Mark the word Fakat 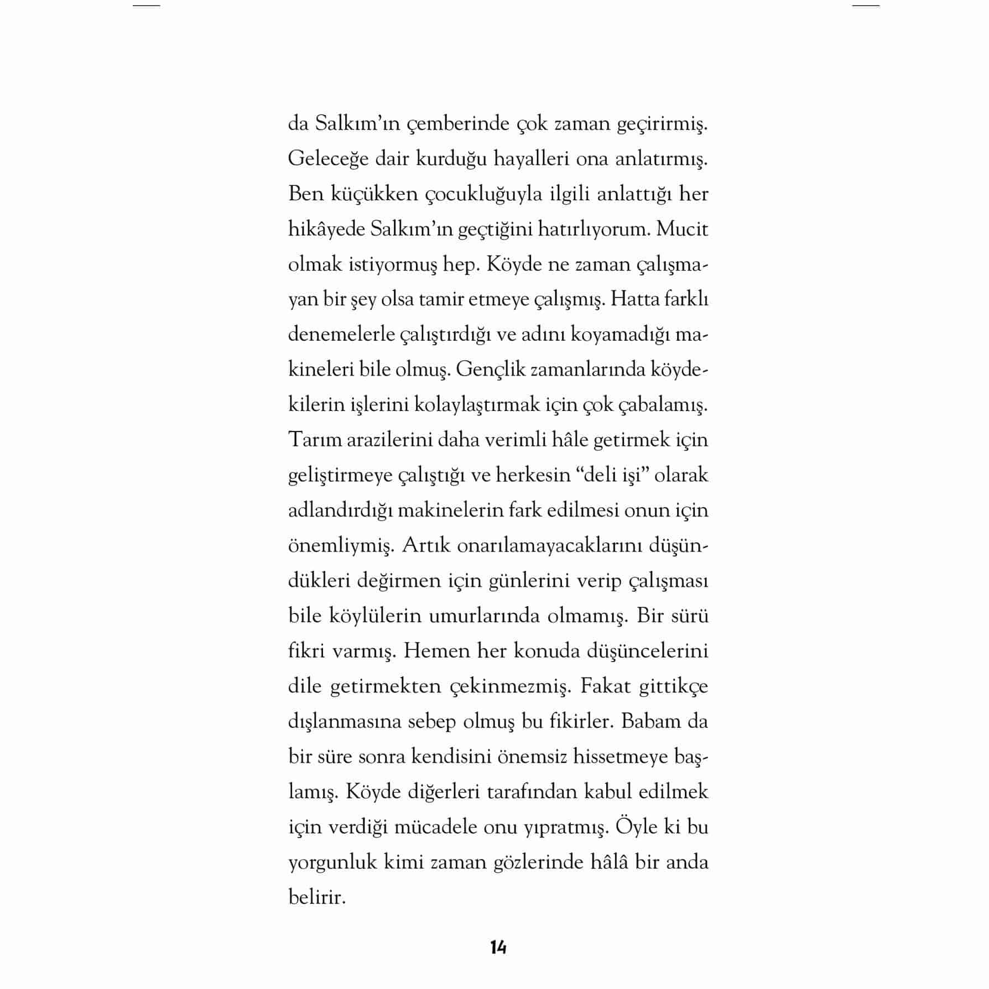(x=606, y=686)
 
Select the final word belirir (x=316, y=897)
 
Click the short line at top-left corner (x=146, y=6)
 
